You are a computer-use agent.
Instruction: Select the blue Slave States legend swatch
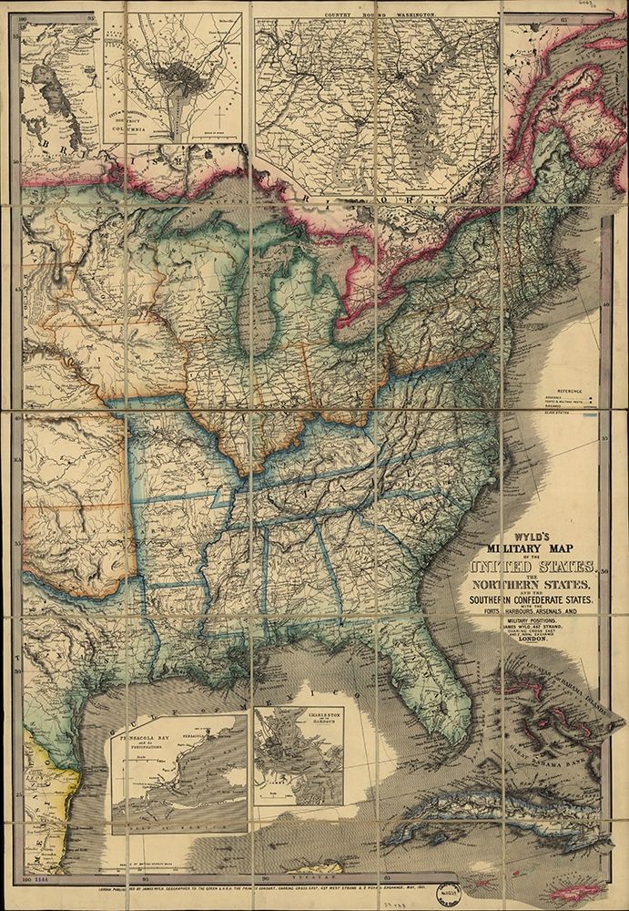pyautogui.click(x=590, y=415)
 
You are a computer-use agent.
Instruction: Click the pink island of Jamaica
pyautogui.click(x=573, y=891)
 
